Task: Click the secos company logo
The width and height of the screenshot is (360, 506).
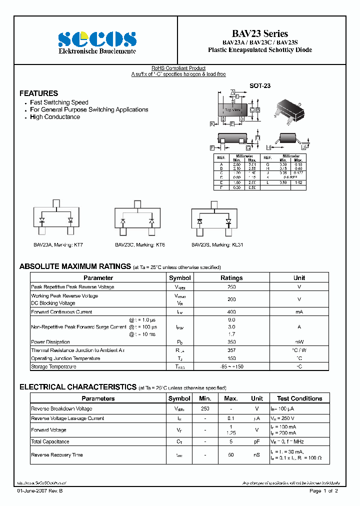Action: click(97, 39)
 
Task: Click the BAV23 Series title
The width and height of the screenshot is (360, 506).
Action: click(260, 33)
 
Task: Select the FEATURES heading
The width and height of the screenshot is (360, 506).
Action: click(38, 93)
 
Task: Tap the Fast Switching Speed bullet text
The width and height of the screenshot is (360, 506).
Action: click(59, 102)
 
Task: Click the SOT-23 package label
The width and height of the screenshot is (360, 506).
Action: click(260, 86)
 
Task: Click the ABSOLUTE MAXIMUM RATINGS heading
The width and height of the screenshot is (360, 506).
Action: click(75, 267)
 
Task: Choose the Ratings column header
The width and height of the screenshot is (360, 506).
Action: click(231, 278)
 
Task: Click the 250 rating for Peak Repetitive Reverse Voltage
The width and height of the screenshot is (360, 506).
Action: click(231, 287)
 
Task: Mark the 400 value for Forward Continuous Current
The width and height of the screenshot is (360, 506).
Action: click(231, 312)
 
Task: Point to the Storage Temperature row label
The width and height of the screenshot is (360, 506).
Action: click(53, 366)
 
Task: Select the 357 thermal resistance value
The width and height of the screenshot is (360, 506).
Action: click(231, 350)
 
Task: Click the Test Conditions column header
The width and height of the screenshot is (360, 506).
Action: click(299, 398)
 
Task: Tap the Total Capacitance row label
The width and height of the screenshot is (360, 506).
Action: click(50, 441)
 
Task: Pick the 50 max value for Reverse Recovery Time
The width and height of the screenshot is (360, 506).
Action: click(231, 455)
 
